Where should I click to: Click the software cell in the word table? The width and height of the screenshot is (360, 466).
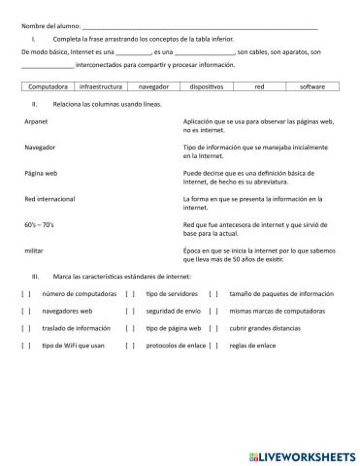click(312, 86)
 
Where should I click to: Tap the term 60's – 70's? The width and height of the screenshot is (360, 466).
click(40, 225)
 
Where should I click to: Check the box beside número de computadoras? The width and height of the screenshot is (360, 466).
click(26, 293)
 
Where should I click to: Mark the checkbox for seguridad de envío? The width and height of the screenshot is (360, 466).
click(129, 311)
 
